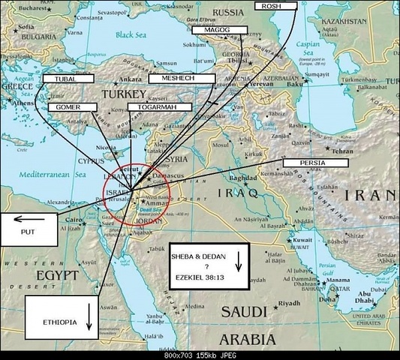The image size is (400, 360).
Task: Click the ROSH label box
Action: coord(276,5)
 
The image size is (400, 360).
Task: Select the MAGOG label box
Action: coord(212,31)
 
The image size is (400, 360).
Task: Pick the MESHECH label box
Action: coord(174,78)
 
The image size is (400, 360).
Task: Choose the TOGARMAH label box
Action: coord(154,107)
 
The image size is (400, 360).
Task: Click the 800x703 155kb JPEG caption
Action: coord(200,355)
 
